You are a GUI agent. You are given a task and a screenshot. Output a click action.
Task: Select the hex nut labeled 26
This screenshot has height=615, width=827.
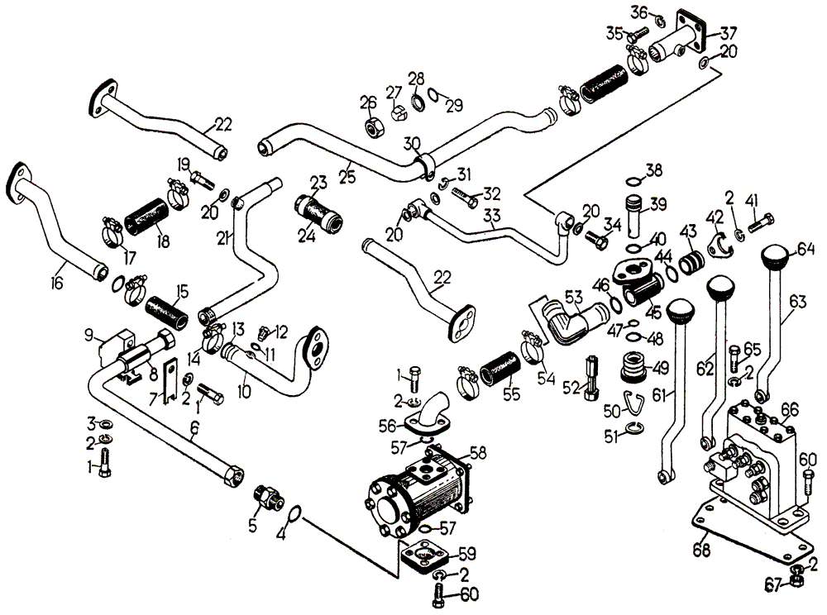point(370,129)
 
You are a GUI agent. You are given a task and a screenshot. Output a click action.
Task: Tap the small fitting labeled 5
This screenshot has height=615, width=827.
point(267,498)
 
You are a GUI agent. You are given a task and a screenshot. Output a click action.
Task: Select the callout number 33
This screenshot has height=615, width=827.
point(493,217)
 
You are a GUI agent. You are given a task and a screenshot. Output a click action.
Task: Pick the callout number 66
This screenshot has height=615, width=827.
point(791,409)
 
